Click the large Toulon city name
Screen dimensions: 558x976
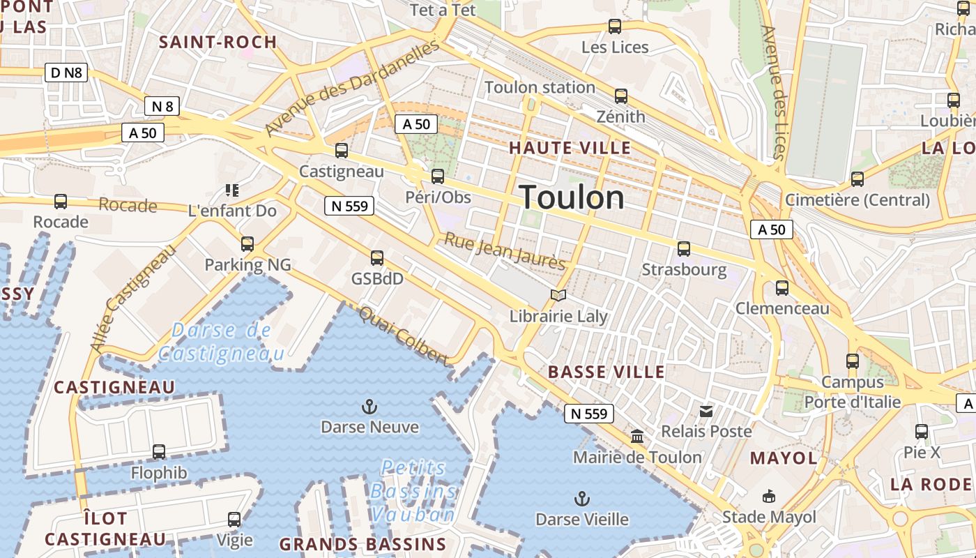tap(572, 197)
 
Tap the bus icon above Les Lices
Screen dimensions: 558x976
tap(614, 27)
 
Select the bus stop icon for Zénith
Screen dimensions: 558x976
tap(620, 96)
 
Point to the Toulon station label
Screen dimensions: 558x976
tap(540, 87)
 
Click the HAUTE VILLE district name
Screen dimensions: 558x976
tap(570, 148)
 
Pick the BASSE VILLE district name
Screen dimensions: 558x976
tap(607, 372)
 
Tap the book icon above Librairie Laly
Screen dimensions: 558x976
tap(558, 295)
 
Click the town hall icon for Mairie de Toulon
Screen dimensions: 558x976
tap(636, 437)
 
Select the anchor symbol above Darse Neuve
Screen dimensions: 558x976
tap(369, 406)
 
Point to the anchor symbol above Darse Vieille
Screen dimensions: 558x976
tap(581, 499)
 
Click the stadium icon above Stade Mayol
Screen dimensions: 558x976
tap(768, 496)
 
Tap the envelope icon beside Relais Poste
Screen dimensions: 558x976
tap(706, 411)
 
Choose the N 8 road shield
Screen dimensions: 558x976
tap(162, 106)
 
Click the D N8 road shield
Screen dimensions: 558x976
tap(67, 72)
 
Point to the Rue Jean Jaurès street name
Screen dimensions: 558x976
tap(505, 251)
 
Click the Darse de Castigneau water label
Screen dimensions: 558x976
tap(222, 342)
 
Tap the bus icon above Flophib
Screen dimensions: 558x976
tap(159, 452)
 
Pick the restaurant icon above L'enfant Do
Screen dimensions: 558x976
tap(232, 190)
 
